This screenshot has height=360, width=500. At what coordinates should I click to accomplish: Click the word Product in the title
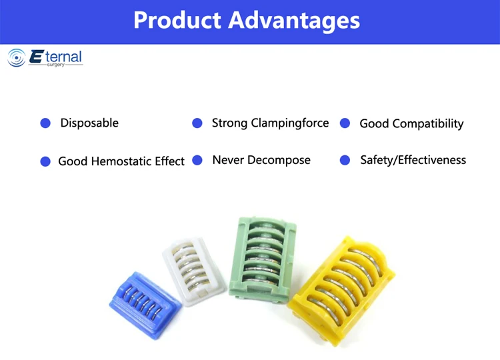[177, 20]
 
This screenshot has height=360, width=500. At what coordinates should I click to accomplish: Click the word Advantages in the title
[294, 21]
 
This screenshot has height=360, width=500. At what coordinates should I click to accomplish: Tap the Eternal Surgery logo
[45, 58]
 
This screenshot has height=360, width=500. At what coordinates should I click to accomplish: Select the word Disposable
[89, 123]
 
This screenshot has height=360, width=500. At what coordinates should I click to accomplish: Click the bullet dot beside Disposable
[45, 123]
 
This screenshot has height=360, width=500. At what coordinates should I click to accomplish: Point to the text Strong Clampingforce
[270, 123]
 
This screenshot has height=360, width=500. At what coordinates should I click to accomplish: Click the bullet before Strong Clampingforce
[197, 123]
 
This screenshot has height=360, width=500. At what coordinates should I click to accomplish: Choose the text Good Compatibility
[411, 123]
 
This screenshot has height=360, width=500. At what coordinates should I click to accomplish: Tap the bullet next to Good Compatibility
[345, 123]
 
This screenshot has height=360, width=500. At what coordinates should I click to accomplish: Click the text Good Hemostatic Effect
[121, 161]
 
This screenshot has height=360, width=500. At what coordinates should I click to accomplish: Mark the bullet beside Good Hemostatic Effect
[45, 161]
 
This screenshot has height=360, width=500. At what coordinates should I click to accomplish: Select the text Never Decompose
[261, 161]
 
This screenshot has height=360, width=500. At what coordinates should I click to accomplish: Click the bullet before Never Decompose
[197, 161]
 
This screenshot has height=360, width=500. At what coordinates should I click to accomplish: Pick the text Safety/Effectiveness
[413, 160]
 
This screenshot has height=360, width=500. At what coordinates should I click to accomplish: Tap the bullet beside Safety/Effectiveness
[345, 161]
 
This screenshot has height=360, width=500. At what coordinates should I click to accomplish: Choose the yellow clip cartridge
[345, 287]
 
